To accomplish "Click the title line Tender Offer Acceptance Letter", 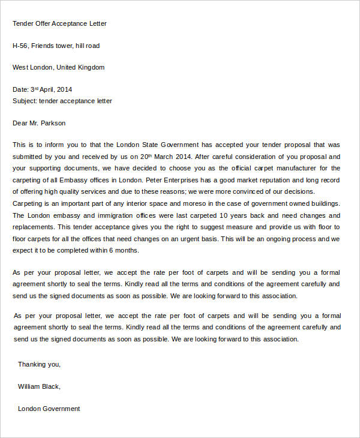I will pos(59,23).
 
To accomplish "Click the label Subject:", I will pos(25,101).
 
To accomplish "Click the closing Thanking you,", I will pos(39,364).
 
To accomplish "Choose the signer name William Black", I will pos(39,386).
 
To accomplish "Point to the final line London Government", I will pos(49,409).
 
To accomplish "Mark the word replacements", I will pos(33,227).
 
